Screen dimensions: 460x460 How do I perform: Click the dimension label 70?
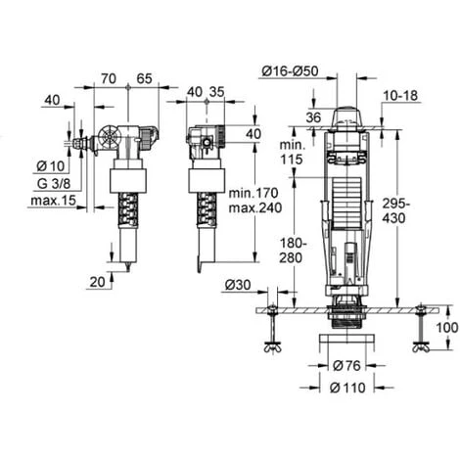109,78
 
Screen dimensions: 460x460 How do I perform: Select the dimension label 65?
144,78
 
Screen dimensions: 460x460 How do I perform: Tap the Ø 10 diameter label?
51,166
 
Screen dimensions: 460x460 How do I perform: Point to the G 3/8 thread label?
54,183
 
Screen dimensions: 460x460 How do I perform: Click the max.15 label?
53,200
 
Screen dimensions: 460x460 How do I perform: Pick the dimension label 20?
97,282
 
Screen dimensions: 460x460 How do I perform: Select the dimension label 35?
216,92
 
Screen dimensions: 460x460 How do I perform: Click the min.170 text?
253,193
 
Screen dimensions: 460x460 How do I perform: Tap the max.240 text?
255,207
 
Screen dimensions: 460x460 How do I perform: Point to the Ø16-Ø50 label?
290,71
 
